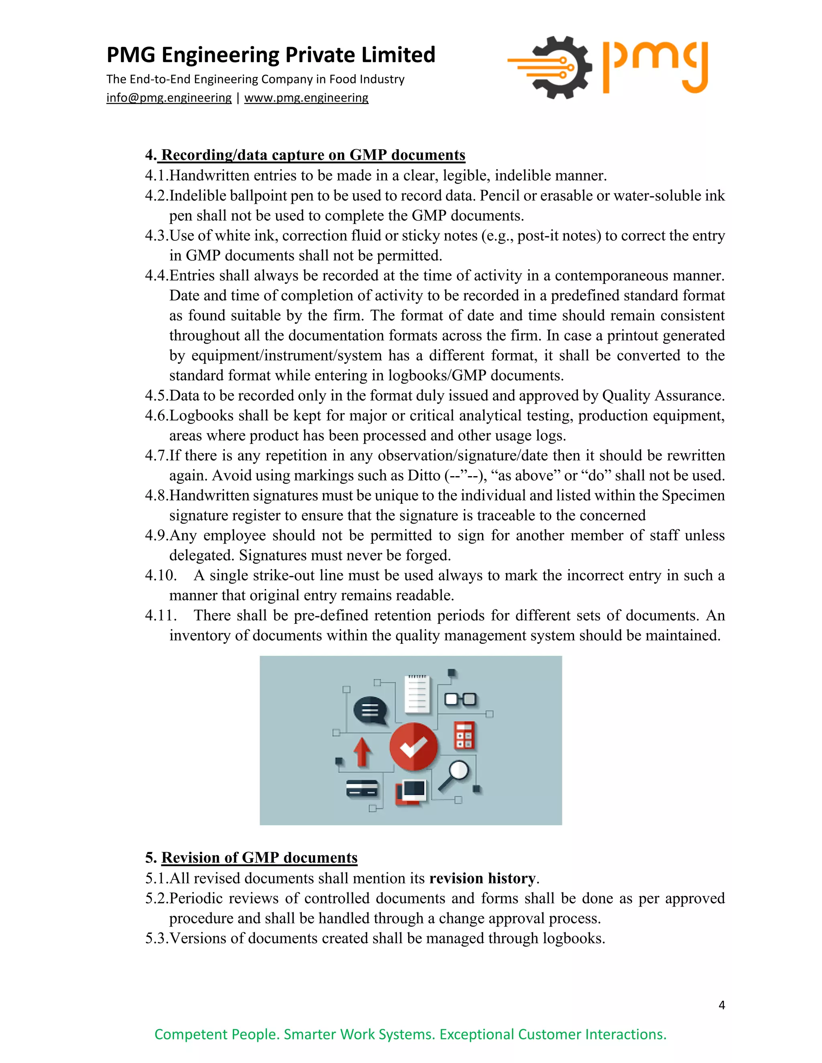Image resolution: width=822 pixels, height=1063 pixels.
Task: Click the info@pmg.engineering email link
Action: (x=169, y=98)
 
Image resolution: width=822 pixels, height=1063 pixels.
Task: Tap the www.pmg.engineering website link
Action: (x=306, y=98)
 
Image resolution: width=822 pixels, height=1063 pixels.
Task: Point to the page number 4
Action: (x=721, y=1005)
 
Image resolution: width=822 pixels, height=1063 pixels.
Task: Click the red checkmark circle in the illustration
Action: (x=413, y=747)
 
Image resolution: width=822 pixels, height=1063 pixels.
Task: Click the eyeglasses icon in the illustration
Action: (x=460, y=700)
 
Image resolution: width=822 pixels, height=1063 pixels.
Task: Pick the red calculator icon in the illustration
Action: (x=464, y=735)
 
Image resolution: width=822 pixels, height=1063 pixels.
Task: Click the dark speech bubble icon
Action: (x=370, y=711)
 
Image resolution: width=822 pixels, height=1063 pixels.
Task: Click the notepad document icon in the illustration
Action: (x=417, y=694)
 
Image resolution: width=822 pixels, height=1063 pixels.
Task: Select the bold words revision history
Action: (x=482, y=878)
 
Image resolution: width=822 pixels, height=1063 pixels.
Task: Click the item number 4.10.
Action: (x=160, y=575)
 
